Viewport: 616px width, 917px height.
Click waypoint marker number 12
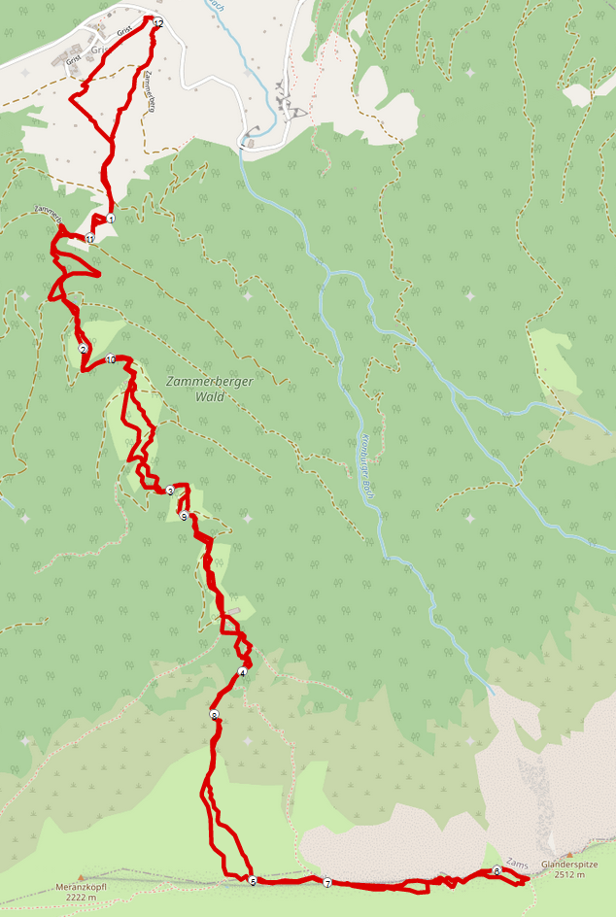tap(158, 21)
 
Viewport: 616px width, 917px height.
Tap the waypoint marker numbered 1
tap(112, 220)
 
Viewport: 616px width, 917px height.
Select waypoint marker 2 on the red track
tap(84, 350)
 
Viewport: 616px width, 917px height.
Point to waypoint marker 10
tap(111, 359)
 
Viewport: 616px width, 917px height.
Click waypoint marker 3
tap(170, 491)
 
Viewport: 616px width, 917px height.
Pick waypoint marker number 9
tap(184, 517)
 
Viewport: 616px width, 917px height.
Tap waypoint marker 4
tap(242, 672)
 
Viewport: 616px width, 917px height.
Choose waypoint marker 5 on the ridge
tap(253, 882)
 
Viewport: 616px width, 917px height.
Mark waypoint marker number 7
tap(327, 883)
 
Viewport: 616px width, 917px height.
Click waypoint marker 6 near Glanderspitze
tap(496, 871)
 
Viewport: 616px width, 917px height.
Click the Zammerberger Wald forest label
tap(209, 389)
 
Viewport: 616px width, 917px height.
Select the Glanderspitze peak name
tap(568, 864)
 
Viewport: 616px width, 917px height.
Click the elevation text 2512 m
tap(569, 875)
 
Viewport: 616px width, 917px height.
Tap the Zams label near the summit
tap(517, 863)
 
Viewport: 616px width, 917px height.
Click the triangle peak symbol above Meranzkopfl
tap(81, 875)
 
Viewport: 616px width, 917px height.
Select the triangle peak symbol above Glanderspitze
tap(569, 854)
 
